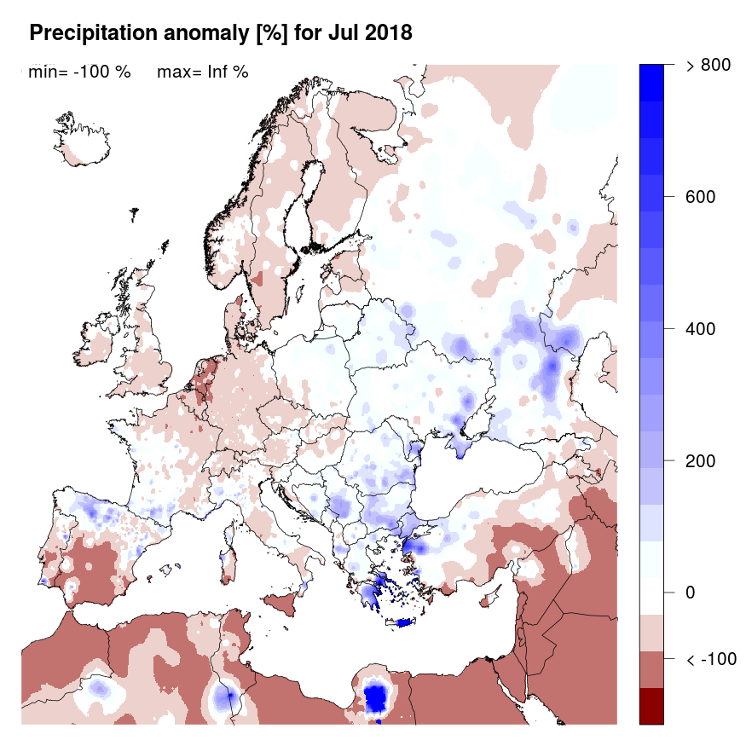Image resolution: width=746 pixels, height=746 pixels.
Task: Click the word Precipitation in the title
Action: pos(88,34)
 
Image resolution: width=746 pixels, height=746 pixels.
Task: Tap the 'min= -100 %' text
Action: pos(79,72)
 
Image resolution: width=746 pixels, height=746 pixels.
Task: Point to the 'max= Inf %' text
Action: pos(203,72)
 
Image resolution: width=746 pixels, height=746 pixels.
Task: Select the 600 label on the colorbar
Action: pos(701,197)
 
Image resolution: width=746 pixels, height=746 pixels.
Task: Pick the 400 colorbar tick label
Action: pos(701,329)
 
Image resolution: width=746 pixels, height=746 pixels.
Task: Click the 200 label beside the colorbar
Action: pos(701,460)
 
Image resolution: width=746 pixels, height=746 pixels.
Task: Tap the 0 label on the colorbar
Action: pos(691,593)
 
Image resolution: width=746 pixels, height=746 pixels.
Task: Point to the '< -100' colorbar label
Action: pos(711,659)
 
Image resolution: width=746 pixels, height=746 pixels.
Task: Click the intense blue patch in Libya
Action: pos(376,698)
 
